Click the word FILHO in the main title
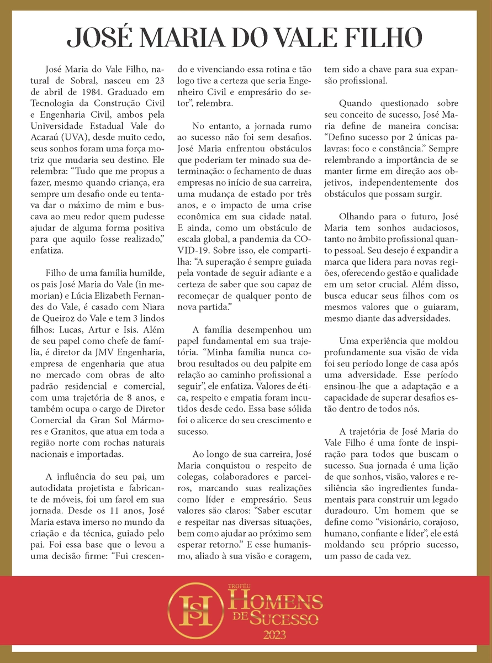380,38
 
